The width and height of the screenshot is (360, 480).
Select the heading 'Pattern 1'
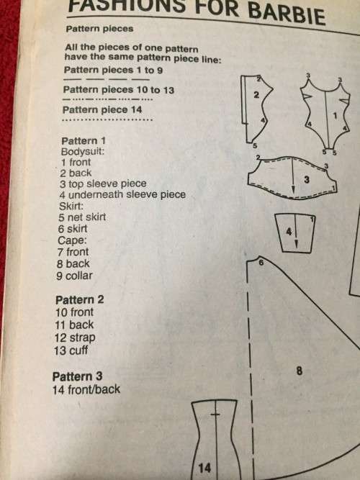pos(84,141)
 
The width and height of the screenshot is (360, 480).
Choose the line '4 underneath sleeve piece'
pos(123,194)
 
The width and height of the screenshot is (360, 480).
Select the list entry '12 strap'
pos(74,338)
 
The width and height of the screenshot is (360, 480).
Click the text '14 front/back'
pos(86,390)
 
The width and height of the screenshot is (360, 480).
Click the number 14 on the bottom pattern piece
pos(204,468)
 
